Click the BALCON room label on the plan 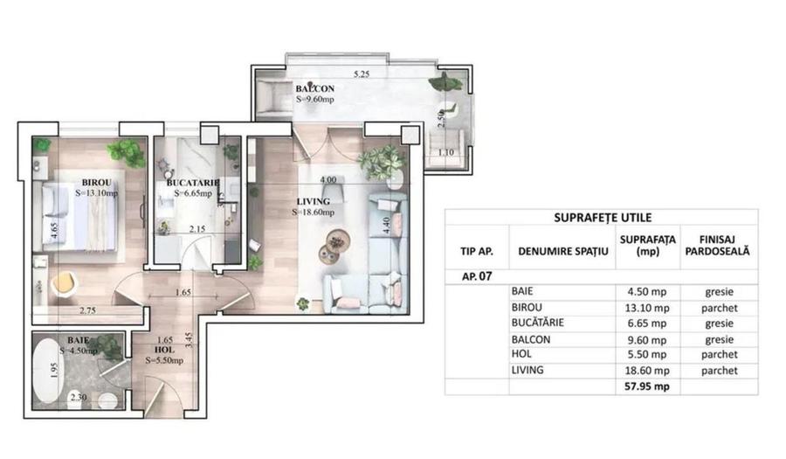[314, 89]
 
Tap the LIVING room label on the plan [312, 201]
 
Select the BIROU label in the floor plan [95, 182]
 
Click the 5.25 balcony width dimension [361, 74]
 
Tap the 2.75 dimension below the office [86, 309]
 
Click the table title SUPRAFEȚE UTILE [601, 218]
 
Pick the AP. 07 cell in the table [477, 275]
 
